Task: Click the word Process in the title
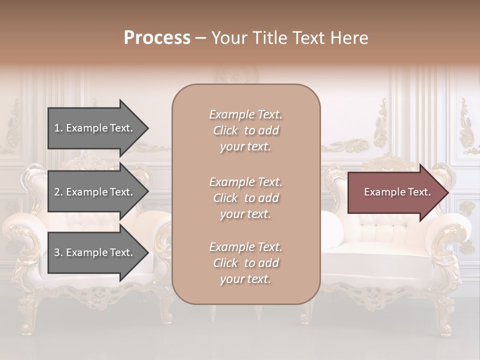point(157,38)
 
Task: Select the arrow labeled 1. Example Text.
point(95,128)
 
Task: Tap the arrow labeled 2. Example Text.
point(95,192)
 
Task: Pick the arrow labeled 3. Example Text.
point(95,252)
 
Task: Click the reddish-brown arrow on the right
point(395,192)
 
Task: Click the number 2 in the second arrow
point(57,192)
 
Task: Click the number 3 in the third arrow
point(57,252)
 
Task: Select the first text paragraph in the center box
point(245,130)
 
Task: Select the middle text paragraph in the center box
point(245,198)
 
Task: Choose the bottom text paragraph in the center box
point(245,263)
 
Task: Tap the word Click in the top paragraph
point(225,130)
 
